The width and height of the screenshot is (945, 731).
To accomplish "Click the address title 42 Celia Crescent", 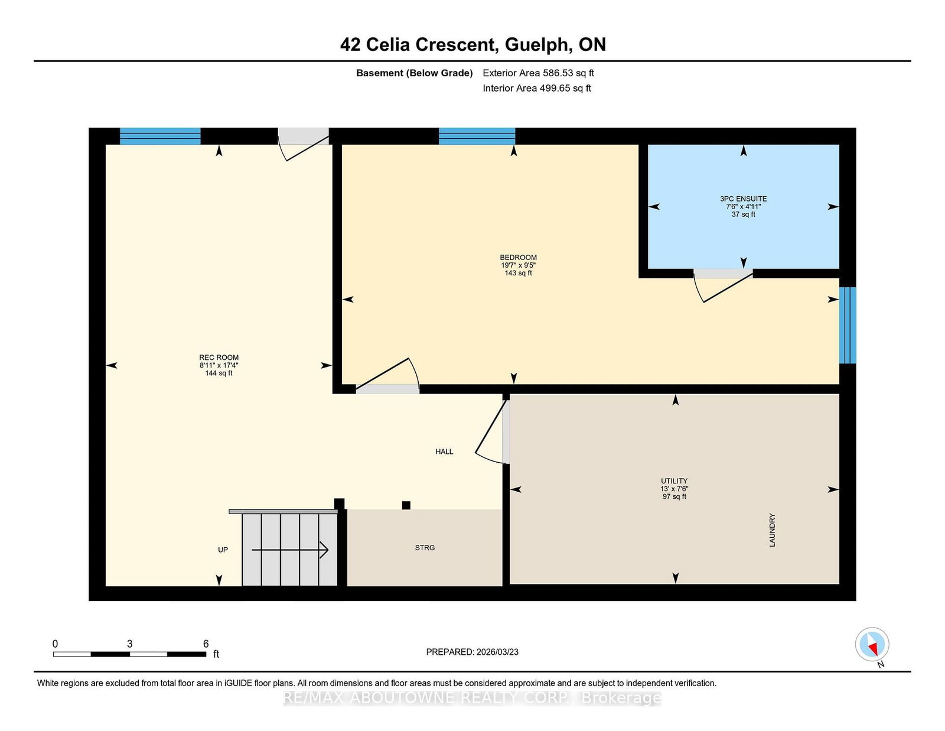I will (x=472, y=45).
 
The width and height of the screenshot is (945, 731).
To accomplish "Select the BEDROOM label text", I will (x=518, y=258).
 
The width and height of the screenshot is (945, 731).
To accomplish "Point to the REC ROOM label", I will (x=219, y=358).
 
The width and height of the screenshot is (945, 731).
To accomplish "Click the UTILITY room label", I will (x=674, y=481).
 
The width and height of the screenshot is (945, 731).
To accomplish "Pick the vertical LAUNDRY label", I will (x=772, y=530).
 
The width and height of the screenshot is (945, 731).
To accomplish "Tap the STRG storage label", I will (x=425, y=548).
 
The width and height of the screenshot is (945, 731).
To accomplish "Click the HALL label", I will (x=444, y=451).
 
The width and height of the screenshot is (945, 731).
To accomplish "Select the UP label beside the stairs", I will (x=223, y=550).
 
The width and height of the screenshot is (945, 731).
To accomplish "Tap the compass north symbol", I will (x=872, y=645).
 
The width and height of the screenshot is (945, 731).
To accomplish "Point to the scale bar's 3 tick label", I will (x=129, y=644).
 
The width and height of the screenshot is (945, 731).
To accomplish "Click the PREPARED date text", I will (x=472, y=652).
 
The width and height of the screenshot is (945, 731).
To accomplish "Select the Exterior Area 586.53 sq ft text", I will (x=538, y=73).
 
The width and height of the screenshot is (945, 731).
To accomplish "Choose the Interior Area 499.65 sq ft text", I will (x=537, y=88).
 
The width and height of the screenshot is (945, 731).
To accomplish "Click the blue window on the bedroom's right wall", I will (x=848, y=325).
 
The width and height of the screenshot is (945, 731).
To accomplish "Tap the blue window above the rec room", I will (x=160, y=136).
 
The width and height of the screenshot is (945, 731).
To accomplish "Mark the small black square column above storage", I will (x=406, y=505).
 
